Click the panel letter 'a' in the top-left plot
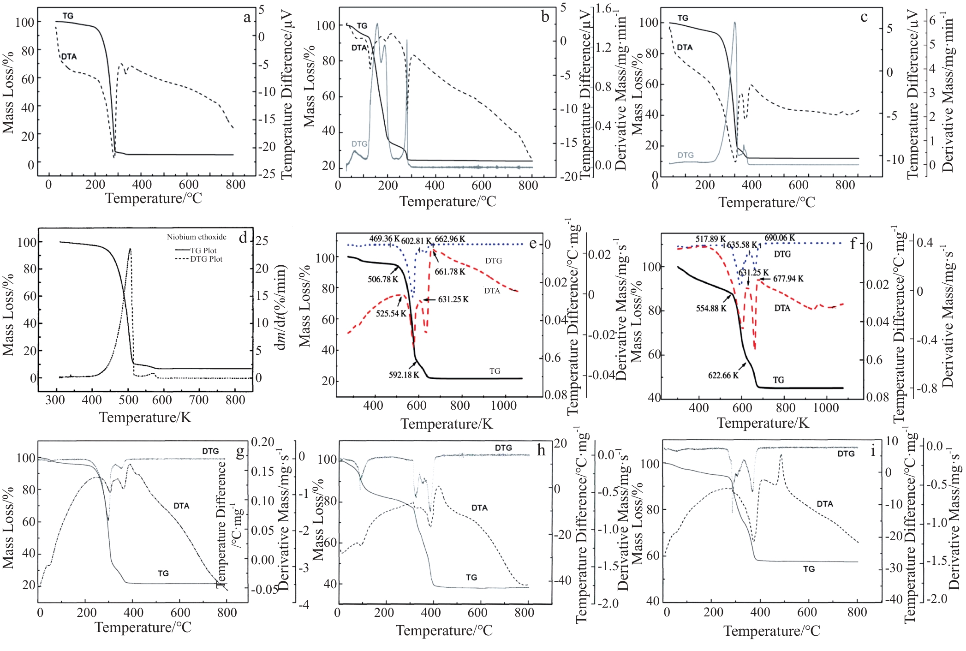[x=247, y=18]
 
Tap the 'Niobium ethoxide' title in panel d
[x=197, y=237]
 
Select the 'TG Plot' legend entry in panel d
[x=203, y=251]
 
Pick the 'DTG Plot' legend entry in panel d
[x=206, y=259]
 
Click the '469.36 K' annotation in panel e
[x=384, y=239]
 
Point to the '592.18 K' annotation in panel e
[x=404, y=375]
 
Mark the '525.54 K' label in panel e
[x=391, y=313]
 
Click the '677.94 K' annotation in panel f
[x=788, y=279]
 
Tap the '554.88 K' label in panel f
[x=711, y=308]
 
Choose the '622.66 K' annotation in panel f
[x=723, y=375]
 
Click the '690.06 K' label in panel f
[x=780, y=238]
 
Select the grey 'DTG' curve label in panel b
[x=359, y=144]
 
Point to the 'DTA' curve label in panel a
[x=69, y=56]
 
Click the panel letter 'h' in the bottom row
[x=541, y=450]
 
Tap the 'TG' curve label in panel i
[x=809, y=569]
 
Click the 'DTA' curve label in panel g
[x=181, y=506]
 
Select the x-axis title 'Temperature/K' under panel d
[x=145, y=417]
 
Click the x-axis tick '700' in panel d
[x=199, y=400]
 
